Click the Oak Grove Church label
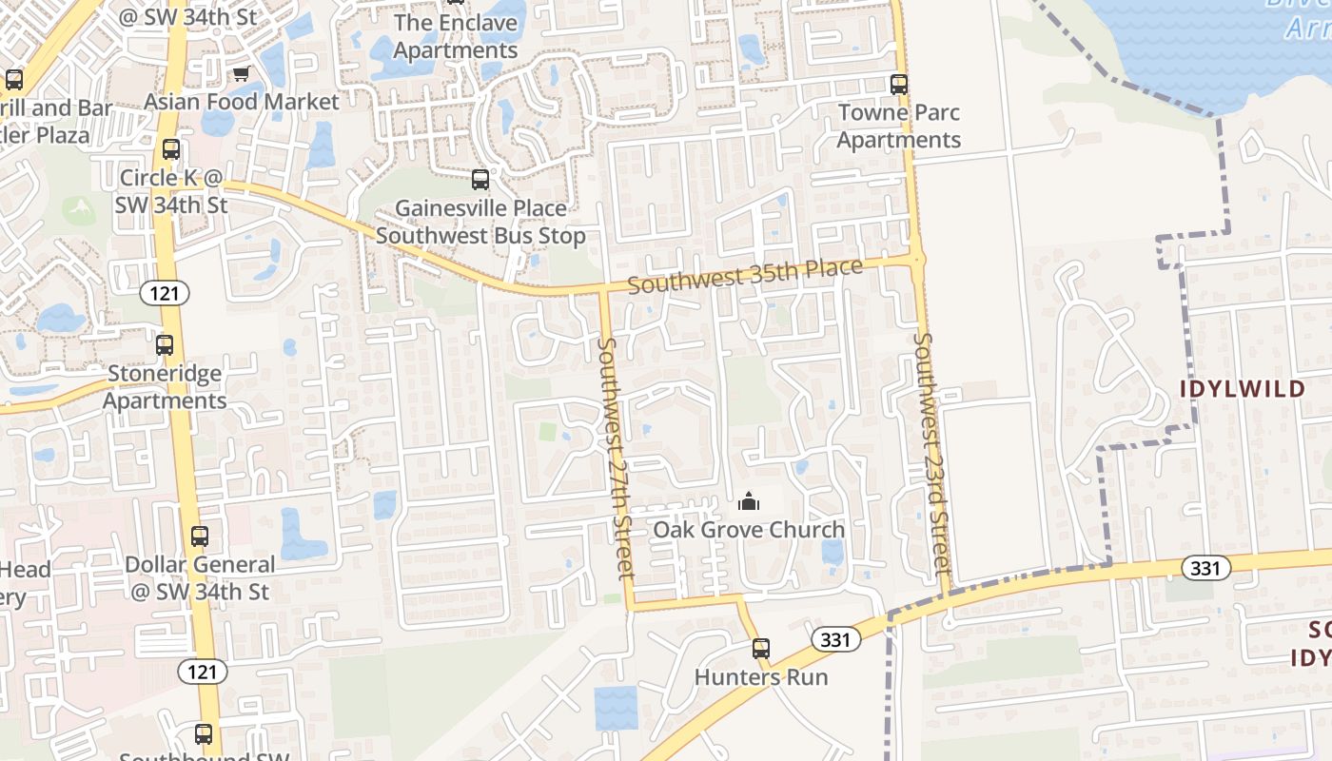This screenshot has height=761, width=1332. point(748,530)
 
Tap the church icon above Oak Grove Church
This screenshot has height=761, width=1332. point(749,501)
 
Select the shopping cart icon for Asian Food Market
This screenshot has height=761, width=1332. point(242,74)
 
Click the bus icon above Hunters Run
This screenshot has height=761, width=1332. point(761,650)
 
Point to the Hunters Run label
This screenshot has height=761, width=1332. point(761,677)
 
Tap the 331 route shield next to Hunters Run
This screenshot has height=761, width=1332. point(834,639)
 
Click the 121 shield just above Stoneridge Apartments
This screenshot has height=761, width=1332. point(165,293)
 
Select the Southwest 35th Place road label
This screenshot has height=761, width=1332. point(745,276)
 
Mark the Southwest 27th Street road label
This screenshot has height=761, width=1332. point(615,457)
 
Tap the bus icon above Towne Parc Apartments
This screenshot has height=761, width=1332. point(899,85)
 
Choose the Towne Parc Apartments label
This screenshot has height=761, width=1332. point(898,127)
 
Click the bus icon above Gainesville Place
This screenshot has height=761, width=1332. point(480,180)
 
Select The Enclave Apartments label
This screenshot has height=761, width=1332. point(456,36)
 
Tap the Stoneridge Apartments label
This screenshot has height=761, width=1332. point(165,387)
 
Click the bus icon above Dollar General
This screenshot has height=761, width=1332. point(200,537)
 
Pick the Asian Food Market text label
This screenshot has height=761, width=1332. point(242,102)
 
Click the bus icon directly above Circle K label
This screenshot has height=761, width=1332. point(171,149)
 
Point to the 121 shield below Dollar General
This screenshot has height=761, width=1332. point(202,672)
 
